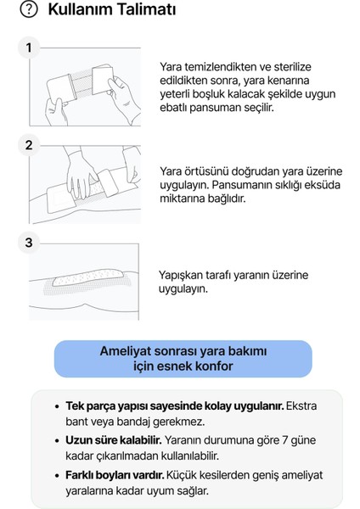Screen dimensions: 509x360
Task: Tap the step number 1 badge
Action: tap(29, 48)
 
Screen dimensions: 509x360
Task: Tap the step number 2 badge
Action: tap(29, 145)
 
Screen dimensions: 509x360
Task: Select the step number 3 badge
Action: tap(29, 243)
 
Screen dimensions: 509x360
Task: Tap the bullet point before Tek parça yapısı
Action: tap(56, 406)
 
